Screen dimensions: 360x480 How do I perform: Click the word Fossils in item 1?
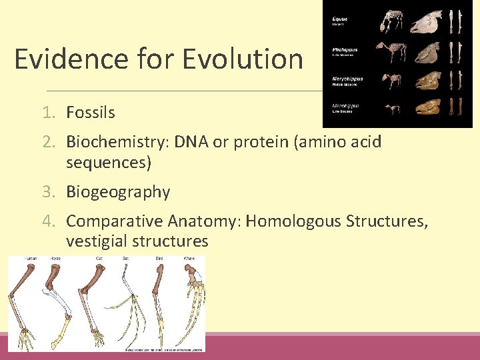click(91, 113)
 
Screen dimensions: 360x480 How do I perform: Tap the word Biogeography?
click(118, 192)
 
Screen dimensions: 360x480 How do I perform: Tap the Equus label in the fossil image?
click(341, 19)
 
